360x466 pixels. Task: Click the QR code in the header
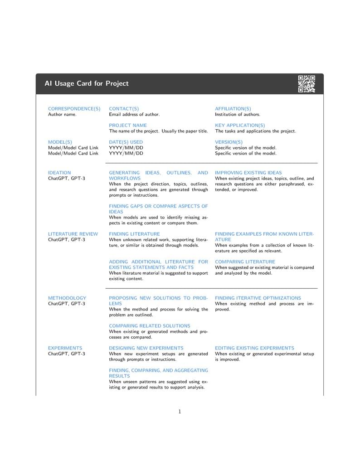(x=306, y=84)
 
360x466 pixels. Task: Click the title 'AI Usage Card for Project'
(x=86, y=83)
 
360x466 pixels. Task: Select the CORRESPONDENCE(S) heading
(x=74, y=109)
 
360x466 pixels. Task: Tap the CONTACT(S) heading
(x=124, y=109)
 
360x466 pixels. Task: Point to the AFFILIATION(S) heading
(x=233, y=109)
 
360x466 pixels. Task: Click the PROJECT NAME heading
(x=128, y=125)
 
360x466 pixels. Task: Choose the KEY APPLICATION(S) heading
(x=240, y=125)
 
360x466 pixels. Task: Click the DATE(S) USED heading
(x=126, y=142)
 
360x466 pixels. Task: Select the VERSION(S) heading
(x=229, y=142)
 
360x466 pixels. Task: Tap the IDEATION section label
(x=59, y=173)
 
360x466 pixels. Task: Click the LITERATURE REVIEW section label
(x=73, y=234)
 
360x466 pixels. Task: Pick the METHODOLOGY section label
(x=67, y=298)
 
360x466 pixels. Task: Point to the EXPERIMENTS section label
(x=65, y=348)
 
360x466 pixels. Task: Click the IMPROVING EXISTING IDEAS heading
(x=248, y=173)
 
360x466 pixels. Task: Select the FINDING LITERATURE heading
(x=134, y=234)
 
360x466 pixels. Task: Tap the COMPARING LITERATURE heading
(x=245, y=262)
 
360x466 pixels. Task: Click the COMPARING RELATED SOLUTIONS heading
(x=150, y=325)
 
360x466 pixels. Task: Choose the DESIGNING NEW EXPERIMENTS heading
(x=146, y=348)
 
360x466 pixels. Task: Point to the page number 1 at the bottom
(x=180, y=412)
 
